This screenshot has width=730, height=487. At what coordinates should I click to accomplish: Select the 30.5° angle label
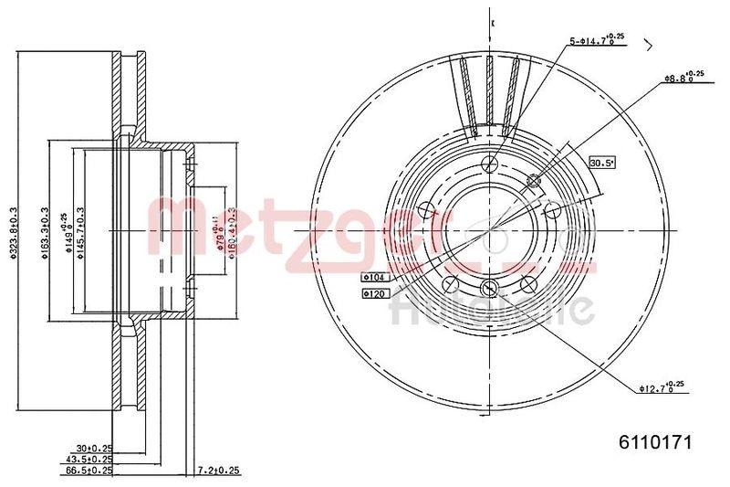[601, 163]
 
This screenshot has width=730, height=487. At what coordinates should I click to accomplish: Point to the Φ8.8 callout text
[683, 79]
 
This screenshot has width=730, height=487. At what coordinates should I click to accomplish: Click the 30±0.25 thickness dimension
[94, 448]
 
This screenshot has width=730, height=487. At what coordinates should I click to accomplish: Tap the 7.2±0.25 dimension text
[219, 471]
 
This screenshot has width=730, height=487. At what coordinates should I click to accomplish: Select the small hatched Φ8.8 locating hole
[535, 182]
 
